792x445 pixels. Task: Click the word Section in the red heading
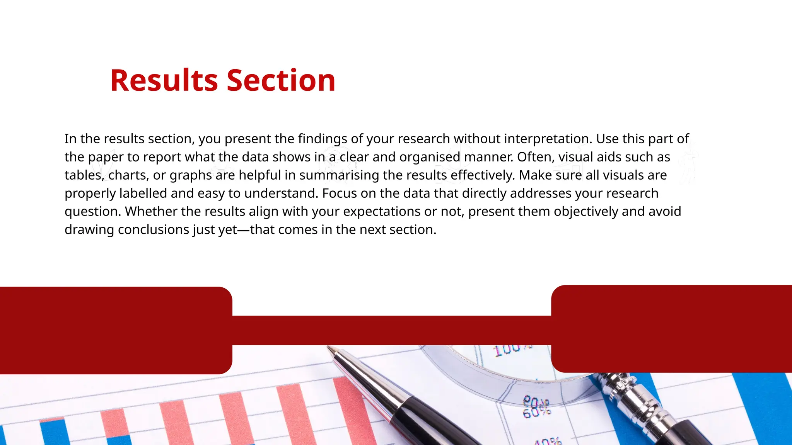tap(281, 80)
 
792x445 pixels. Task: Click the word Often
tap(535, 157)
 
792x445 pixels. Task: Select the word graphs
tap(191, 176)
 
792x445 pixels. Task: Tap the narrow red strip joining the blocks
tap(391, 330)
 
